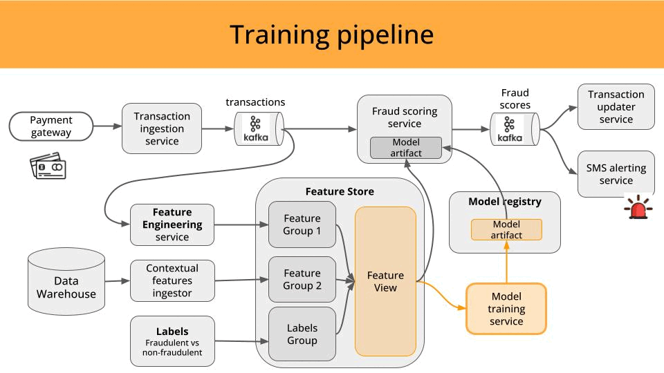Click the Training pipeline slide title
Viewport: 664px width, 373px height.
(331, 35)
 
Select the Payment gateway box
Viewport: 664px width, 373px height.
(50, 126)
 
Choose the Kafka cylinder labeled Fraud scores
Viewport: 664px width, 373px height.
(515, 129)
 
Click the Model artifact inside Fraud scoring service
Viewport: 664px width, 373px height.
(405, 148)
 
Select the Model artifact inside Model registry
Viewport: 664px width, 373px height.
(506, 229)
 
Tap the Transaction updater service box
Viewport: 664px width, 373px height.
(616, 106)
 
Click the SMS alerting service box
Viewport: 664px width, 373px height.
(616, 174)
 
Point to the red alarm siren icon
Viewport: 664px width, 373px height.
(638, 208)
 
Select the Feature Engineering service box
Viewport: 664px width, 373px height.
(172, 224)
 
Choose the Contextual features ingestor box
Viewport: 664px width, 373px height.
(172, 280)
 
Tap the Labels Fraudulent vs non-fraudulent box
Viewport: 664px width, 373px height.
(172, 341)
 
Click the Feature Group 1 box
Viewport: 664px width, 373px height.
(302, 224)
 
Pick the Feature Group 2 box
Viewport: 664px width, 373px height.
(302, 280)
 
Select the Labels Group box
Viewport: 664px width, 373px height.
(302, 334)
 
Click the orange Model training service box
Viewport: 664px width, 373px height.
(506, 309)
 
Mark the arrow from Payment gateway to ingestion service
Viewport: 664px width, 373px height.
(107, 126)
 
